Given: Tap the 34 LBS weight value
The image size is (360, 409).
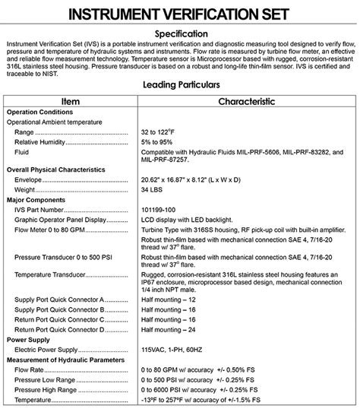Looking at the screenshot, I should [x=156, y=189].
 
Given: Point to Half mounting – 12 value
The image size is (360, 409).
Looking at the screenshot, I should [x=174, y=300].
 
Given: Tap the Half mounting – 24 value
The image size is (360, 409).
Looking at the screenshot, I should [x=174, y=330].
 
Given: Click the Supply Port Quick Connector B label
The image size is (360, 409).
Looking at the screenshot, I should [x=60, y=310].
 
